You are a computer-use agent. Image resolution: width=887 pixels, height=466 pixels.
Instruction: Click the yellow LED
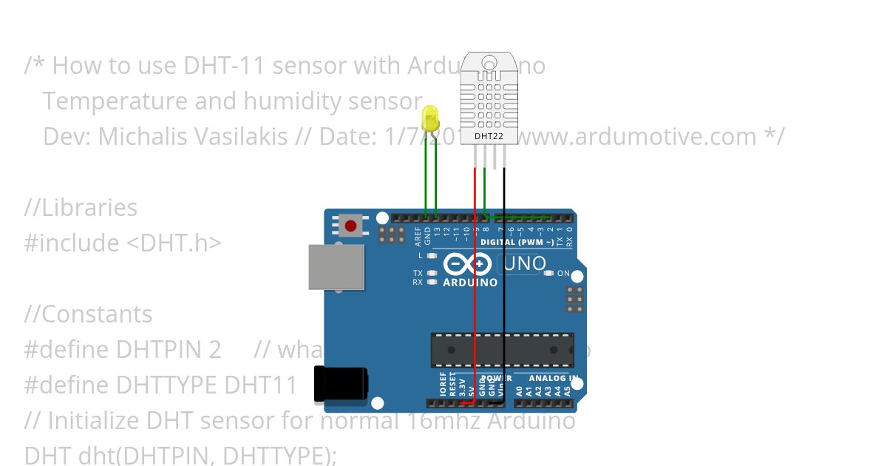coord(429,118)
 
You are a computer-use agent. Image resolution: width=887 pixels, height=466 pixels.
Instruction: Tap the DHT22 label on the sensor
coord(484,136)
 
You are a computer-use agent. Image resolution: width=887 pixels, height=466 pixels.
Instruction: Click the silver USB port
coord(336,267)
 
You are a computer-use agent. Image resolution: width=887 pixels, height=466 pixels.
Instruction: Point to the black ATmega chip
coord(503,350)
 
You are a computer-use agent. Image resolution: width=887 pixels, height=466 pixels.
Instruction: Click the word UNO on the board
coord(524,263)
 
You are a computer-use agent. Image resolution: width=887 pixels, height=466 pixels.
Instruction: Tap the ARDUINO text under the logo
coord(470,283)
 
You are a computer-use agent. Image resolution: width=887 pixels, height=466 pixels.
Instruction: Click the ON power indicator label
coord(563,274)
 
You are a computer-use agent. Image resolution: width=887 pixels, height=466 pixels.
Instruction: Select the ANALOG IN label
coord(554,379)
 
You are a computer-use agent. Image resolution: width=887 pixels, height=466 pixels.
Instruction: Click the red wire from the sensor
coord(475,296)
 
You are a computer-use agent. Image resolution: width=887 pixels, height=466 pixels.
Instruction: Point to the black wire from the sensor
coord(504,296)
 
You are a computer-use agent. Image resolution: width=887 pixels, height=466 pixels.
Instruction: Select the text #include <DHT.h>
coord(123,243)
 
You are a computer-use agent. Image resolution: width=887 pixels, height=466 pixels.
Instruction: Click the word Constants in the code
coord(96,314)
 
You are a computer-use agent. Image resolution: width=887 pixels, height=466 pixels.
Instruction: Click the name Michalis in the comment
coord(140,137)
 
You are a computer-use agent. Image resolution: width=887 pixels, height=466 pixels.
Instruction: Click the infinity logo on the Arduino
coord(467,264)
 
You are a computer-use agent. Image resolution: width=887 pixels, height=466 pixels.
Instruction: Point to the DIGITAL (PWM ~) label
coord(517,242)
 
